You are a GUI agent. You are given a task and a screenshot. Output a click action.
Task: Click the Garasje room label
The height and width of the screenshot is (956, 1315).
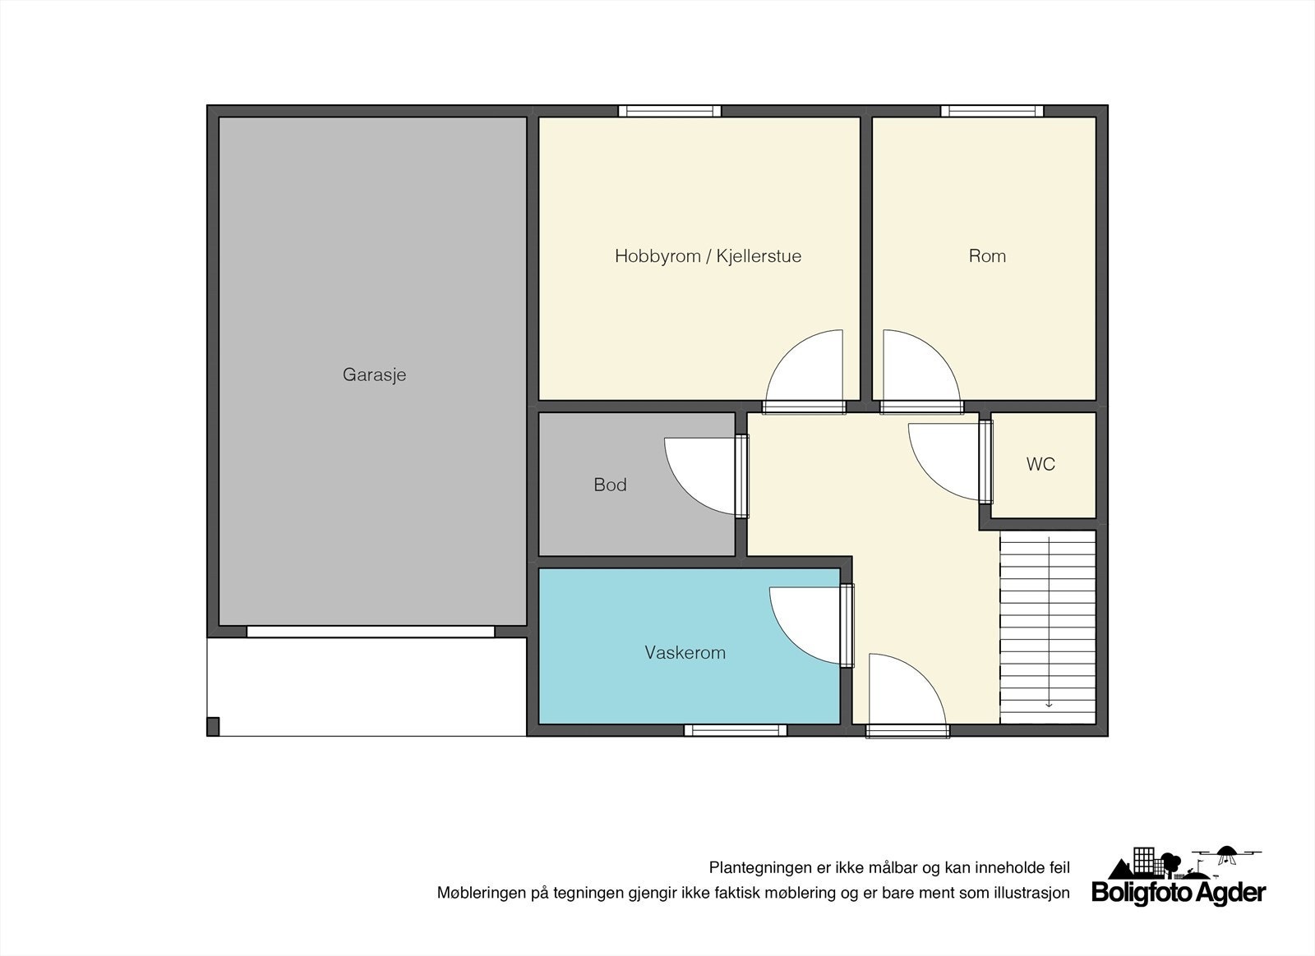[x=374, y=375]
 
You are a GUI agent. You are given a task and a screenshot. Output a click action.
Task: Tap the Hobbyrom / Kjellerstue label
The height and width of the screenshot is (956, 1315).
[x=708, y=255]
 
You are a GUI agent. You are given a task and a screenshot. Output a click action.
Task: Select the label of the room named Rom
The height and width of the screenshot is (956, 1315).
[x=986, y=255]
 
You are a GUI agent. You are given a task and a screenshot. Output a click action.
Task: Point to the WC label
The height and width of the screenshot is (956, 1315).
[x=1040, y=464]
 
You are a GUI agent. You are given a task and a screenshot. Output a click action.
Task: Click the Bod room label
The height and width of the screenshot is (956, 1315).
[x=610, y=485]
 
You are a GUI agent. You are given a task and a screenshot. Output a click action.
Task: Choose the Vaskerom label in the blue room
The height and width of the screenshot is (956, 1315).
[x=685, y=653]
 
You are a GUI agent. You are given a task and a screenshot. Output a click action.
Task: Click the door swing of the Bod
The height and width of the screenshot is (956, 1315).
[x=703, y=476]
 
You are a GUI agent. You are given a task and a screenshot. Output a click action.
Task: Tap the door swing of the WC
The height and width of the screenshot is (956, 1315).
[x=945, y=460]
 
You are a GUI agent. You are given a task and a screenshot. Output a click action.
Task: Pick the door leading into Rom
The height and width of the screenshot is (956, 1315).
[x=919, y=370]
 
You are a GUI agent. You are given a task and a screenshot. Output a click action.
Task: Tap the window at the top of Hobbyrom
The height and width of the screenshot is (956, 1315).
[x=669, y=111]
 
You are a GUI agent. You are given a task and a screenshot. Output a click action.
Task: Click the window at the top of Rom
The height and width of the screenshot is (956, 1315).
[x=991, y=111]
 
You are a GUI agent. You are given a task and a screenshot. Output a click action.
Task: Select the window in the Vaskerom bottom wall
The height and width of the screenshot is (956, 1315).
[x=735, y=730]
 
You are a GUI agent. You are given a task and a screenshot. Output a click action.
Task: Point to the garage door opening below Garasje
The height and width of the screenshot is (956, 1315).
[x=371, y=632]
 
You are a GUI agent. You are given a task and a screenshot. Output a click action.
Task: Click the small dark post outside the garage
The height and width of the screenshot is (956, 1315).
[x=213, y=726]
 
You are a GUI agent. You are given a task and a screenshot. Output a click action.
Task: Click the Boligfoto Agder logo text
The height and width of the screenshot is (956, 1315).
[x=1179, y=894]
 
